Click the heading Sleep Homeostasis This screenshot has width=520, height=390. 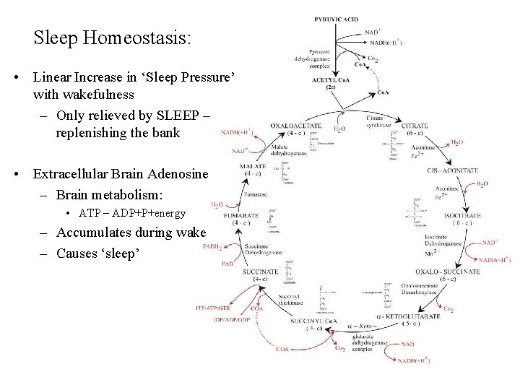113,38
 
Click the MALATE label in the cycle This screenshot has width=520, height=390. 254,167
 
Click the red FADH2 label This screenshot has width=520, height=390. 212,246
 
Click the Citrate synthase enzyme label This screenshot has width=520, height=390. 375,121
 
